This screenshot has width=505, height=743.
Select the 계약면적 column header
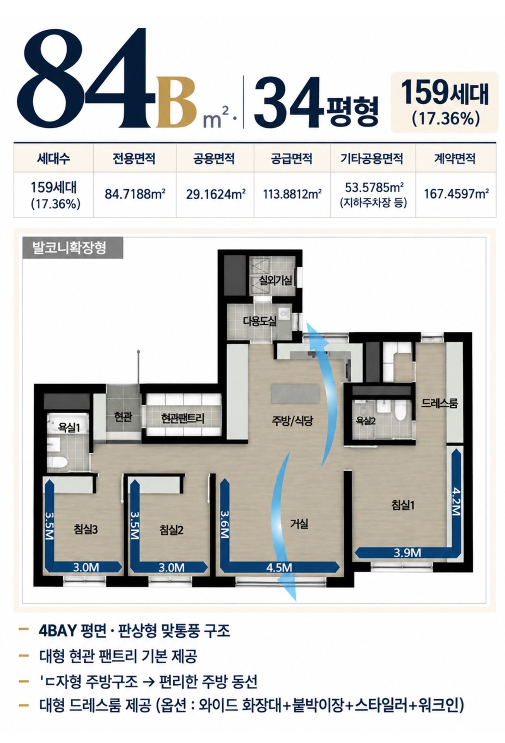[x=455, y=158]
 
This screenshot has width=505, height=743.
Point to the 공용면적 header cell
[x=214, y=158]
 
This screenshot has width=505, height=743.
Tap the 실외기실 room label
[x=275, y=281]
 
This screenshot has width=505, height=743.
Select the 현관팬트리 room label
[x=182, y=418]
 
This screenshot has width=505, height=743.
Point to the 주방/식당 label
[x=292, y=421]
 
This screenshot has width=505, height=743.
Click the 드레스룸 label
[x=440, y=404]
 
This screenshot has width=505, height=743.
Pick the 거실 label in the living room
[x=299, y=524]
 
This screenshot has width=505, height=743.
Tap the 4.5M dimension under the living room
[x=279, y=568]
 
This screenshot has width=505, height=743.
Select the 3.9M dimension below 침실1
[x=407, y=553]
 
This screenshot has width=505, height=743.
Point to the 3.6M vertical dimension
[x=225, y=524]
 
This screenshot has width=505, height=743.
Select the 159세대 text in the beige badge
[x=444, y=93]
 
